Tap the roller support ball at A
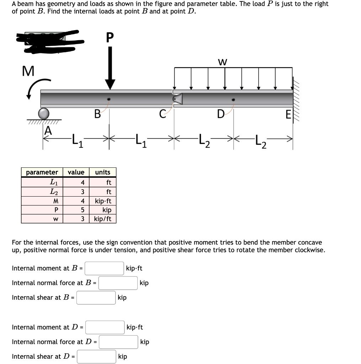pos(44,114)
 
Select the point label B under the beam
pos(97,115)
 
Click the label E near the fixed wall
pos(288,115)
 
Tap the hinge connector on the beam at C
pos(177,99)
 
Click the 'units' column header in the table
pos(102,172)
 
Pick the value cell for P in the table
pos(76,210)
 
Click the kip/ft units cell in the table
pos(102,219)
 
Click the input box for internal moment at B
pos(104,268)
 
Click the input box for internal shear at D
pos(96,357)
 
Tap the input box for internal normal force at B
pos(118,283)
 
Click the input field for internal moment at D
pos(104,327)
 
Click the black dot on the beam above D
pos(233,100)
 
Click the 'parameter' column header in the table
pos(42,172)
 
